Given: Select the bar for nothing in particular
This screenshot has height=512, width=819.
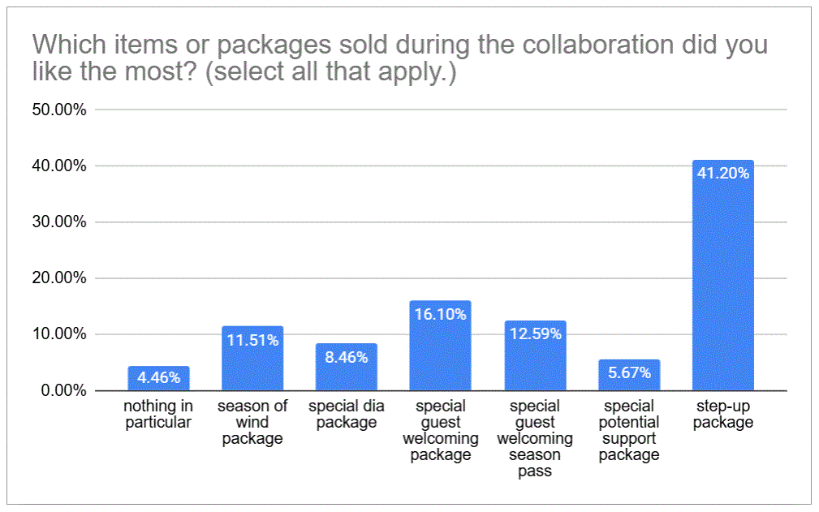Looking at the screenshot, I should point(158,380).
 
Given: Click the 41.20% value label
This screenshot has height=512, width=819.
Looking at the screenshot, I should point(722,172).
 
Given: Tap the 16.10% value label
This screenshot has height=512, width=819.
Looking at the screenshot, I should point(441,313).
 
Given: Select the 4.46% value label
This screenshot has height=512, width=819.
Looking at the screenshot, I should point(158,378).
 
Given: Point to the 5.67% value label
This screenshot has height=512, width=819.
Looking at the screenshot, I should point(629,374).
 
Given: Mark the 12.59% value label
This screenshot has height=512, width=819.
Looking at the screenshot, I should point(535,333).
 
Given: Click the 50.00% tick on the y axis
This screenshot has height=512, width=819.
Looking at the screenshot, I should point(59,110).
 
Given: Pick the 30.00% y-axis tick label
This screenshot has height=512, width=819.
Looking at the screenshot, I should point(59,222).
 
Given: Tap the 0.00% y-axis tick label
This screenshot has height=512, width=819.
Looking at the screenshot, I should point(63,391).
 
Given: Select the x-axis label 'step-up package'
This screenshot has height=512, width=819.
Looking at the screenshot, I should point(722,414).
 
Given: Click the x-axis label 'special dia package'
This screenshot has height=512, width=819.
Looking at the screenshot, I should point(347,414).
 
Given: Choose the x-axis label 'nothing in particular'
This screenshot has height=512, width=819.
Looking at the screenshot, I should point(158,414).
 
